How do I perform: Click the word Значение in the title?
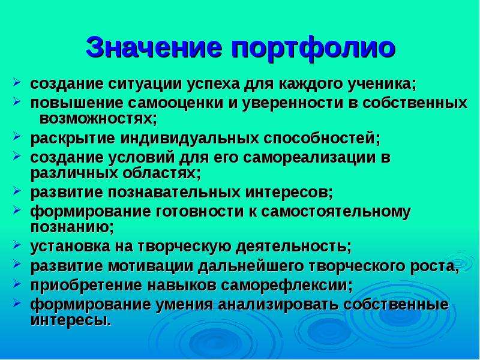[x=154, y=47]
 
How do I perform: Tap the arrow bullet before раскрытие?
[x=17, y=137]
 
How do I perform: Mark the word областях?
[x=159, y=174]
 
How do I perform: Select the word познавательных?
[x=173, y=193]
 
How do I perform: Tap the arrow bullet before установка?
[x=17, y=245]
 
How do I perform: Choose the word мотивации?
[x=151, y=266]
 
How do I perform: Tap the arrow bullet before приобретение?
[x=17, y=283]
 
